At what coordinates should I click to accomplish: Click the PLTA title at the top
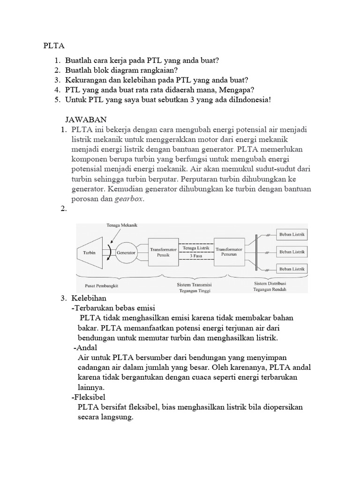click(53, 46)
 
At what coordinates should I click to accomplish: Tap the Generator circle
click(126, 252)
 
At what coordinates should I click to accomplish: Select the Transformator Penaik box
click(163, 253)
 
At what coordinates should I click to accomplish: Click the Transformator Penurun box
click(229, 252)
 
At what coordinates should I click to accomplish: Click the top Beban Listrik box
click(292, 234)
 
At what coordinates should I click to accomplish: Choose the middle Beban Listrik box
click(292, 252)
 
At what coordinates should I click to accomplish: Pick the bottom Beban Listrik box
click(292, 269)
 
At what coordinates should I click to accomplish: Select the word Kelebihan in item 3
click(89, 298)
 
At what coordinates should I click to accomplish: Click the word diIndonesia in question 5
click(247, 100)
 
